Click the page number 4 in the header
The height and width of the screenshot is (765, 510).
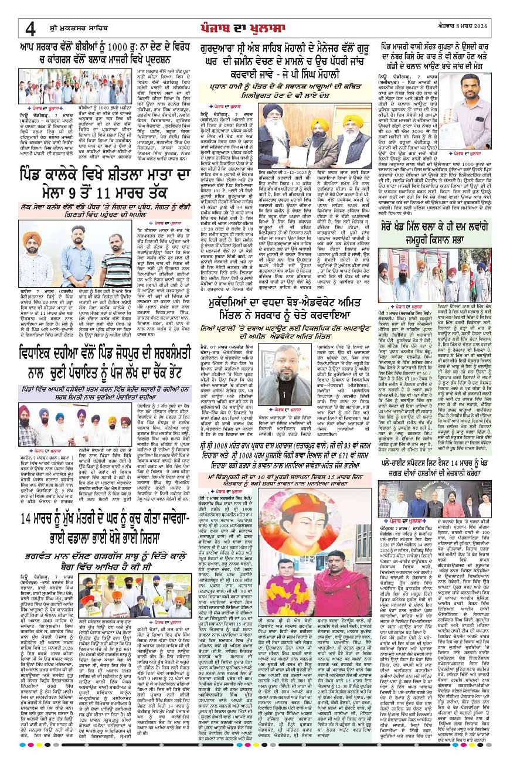30,28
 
